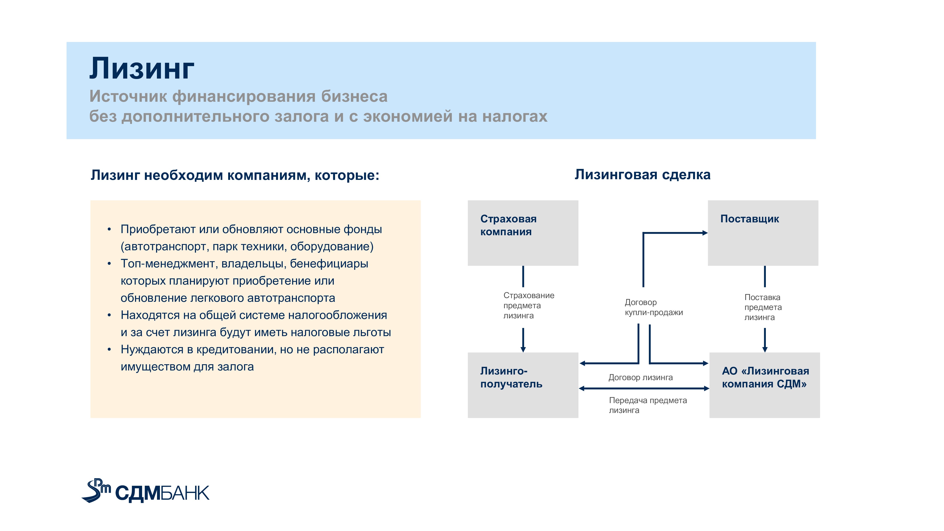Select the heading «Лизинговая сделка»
pyautogui.click(x=642, y=174)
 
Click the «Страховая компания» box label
pyautogui.click(x=508, y=225)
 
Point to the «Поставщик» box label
pyautogui.click(x=749, y=219)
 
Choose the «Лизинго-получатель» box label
pyautogui.click(x=511, y=378)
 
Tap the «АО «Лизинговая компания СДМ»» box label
pyautogui.click(x=765, y=378)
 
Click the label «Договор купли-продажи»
pyautogui.click(x=654, y=307)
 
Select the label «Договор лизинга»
pyautogui.click(x=640, y=378)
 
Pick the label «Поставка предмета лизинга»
pyautogui.click(x=763, y=307)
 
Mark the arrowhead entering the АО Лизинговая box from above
pyautogui.click(x=765, y=350)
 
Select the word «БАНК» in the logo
pyautogui.click(x=185, y=493)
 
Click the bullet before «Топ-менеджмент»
pyautogui.click(x=109, y=264)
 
